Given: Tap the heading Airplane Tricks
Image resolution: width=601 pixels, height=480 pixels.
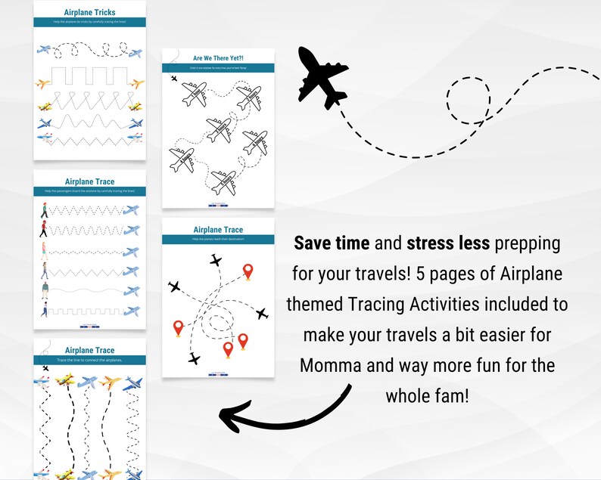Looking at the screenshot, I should point(89,13).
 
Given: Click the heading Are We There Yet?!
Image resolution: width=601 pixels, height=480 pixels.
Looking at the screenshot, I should point(218,57).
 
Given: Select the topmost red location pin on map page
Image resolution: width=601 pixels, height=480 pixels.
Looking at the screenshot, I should point(248,271).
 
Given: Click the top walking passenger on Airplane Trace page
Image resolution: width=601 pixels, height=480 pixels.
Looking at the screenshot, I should point(44,213).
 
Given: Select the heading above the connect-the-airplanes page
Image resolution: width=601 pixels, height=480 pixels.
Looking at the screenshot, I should point(89,351).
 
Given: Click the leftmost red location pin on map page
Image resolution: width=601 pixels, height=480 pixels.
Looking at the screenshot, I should point(179,328).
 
